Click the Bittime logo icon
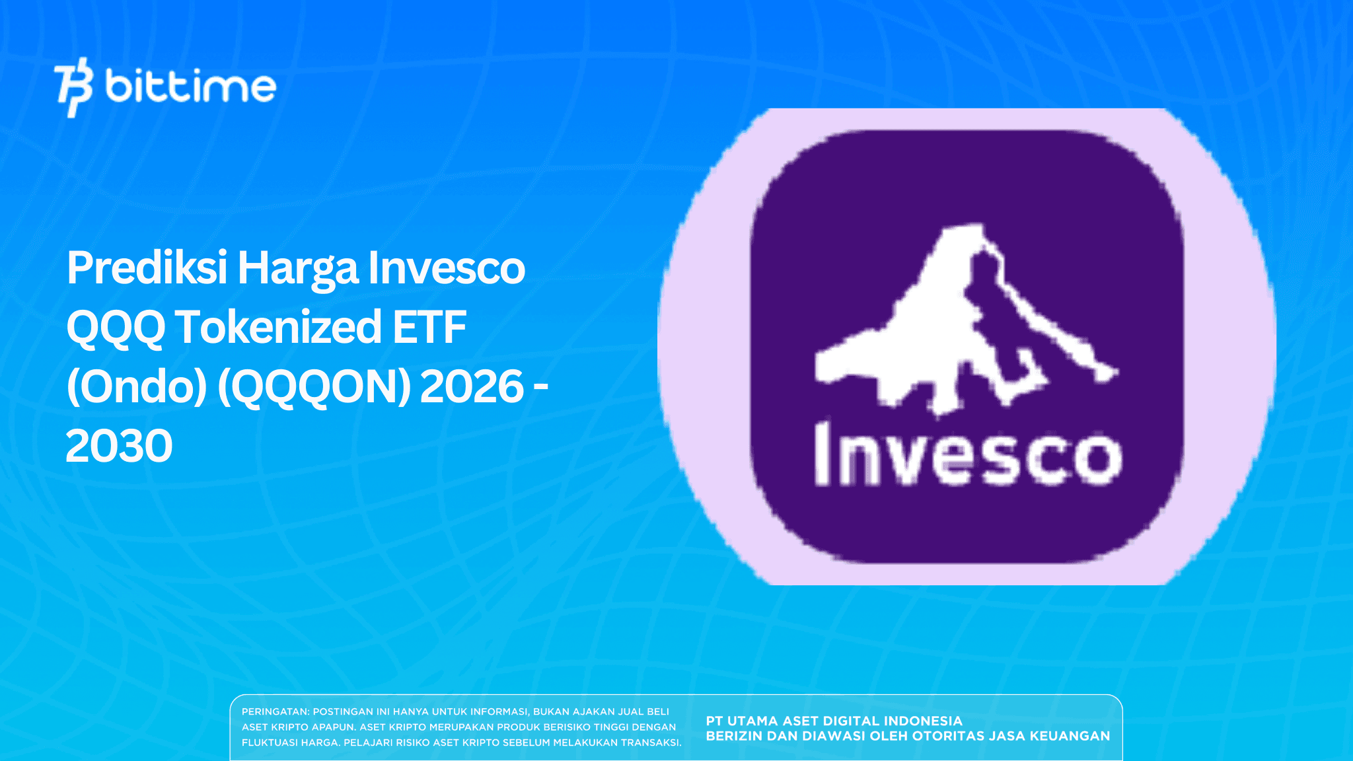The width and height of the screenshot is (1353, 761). [x=73, y=87]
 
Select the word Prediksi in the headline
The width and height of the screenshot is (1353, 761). [x=147, y=268]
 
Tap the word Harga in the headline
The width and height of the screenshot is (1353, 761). [x=299, y=268]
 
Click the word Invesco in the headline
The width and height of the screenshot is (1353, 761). [x=447, y=268]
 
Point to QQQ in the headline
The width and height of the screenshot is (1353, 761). [x=116, y=328]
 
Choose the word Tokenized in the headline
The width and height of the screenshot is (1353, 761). [x=278, y=328]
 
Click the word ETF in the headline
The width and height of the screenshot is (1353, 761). [x=430, y=328]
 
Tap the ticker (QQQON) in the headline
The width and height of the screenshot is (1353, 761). [x=314, y=386]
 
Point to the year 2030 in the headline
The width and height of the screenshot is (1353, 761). [x=119, y=446]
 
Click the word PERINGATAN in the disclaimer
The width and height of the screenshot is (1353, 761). [x=275, y=711]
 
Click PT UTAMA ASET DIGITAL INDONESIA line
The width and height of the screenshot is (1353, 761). [x=834, y=721]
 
